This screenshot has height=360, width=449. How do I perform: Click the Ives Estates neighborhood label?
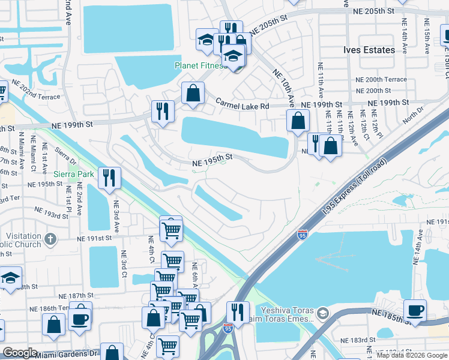tap(369, 50)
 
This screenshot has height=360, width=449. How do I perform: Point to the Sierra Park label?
tap(74, 174)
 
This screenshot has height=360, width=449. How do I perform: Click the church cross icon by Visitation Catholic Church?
tap(50, 239)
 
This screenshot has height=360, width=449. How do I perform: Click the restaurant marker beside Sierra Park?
tap(109, 178)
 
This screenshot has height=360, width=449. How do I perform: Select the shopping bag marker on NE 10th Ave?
tap(298, 121)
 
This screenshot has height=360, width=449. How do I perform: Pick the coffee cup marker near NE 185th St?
tap(415, 311)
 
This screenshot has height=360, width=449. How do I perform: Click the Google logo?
tap(20, 353)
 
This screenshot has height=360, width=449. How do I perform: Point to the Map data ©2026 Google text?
tap(411, 355)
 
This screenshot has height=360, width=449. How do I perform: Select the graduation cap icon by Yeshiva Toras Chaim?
tap(322, 313)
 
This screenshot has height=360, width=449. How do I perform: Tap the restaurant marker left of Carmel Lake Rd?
tap(163, 112)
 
